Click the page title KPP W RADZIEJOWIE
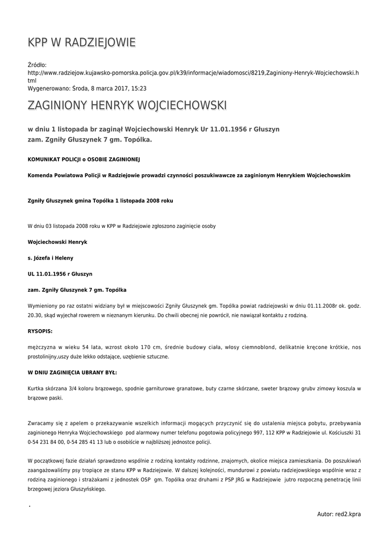click(82, 42)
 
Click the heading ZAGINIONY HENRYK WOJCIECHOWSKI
click(127, 105)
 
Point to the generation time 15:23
click(139, 88)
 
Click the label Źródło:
click(37, 65)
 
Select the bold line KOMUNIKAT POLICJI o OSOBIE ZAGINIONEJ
click(84, 159)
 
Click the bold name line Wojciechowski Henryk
click(57, 242)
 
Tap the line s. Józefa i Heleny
click(50, 258)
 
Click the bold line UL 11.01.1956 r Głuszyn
click(60, 274)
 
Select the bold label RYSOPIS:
click(40, 331)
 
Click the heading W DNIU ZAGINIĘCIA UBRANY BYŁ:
click(72, 372)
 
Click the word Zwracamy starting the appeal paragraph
click(42, 422)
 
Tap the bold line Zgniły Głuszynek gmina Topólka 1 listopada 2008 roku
click(100, 201)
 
